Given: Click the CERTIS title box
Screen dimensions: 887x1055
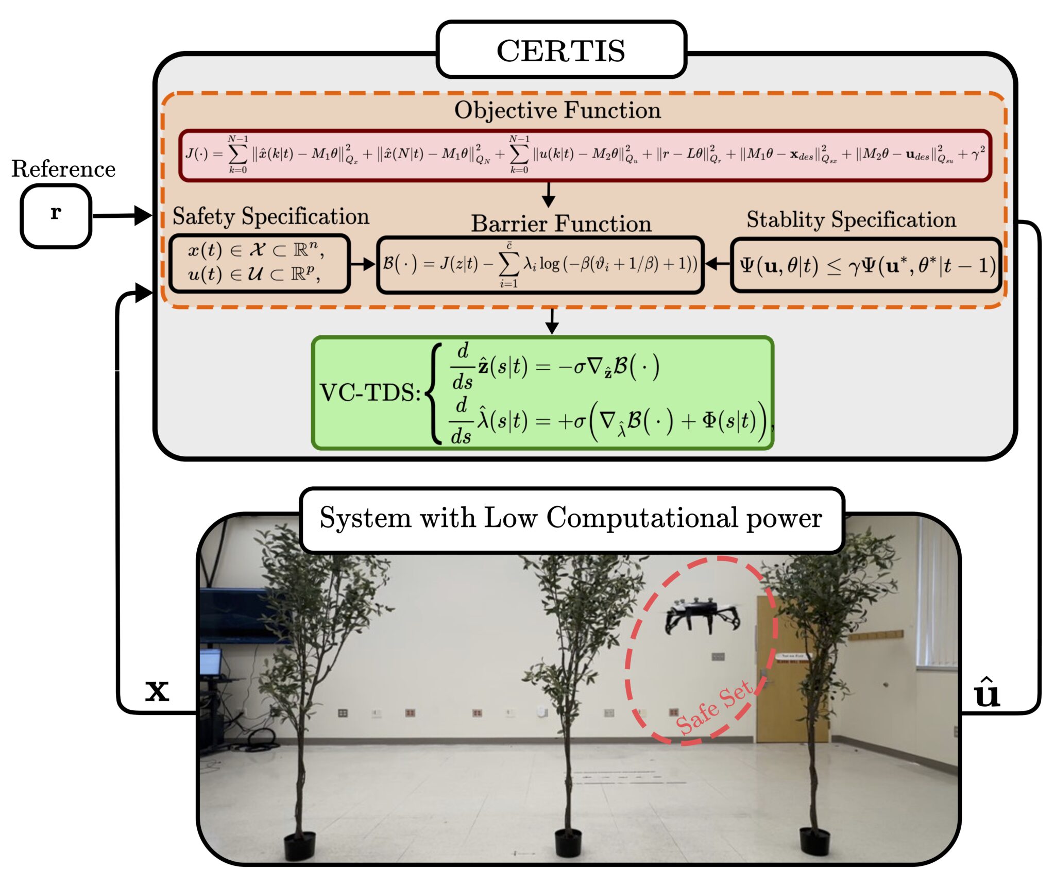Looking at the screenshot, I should tap(561, 50).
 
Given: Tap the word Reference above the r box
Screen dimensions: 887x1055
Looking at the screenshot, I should tap(63, 169).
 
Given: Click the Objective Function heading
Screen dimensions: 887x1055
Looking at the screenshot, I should tap(557, 110).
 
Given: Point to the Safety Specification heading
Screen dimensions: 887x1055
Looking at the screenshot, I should tap(271, 216).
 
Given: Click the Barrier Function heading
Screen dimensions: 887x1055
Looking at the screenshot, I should tap(561, 224).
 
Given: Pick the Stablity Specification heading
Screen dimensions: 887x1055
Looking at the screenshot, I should tap(851, 219).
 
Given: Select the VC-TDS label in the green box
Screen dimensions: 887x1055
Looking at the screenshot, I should tap(370, 393).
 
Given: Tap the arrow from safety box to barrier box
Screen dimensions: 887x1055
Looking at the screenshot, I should tap(363, 264).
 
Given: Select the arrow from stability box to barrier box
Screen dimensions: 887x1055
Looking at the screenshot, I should tap(717, 264).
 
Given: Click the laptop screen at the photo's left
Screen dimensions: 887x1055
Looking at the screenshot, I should tap(211, 661).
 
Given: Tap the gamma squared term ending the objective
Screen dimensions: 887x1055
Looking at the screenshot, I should tap(977, 154).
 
